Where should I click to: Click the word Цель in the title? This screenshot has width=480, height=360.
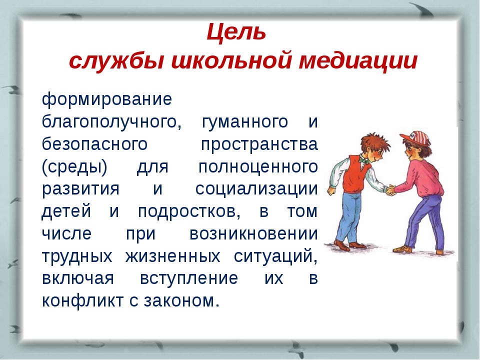236,32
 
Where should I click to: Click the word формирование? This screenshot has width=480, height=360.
107,99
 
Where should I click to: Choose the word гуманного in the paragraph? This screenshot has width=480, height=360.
245,122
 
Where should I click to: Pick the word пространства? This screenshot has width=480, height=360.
259,144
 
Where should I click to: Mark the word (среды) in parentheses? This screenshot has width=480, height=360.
74,167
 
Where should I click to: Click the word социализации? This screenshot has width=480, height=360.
256,189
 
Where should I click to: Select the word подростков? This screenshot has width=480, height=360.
189,211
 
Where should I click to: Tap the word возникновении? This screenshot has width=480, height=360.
254,234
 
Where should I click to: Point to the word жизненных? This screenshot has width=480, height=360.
172,256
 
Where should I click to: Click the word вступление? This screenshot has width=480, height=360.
189,279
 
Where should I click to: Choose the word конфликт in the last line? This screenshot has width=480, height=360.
82,300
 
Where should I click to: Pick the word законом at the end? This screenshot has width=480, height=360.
182,301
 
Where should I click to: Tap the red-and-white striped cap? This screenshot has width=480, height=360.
415,137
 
